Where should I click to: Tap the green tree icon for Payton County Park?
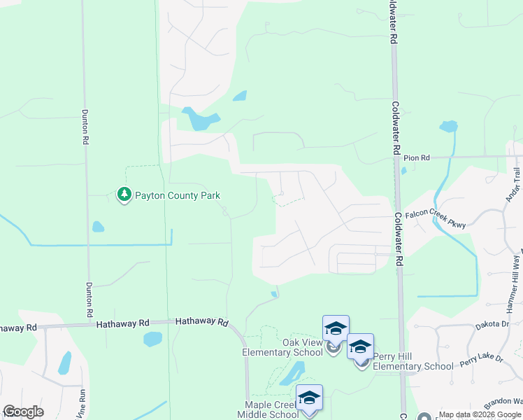pyautogui.click(x=124, y=194)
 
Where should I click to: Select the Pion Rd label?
pyautogui.click(x=416, y=158)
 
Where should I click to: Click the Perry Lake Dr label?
pyautogui.click(x=481, y=361)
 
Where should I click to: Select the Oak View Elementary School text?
pyautogui.click(x=282, y=347)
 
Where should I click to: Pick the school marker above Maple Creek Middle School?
pyautogui.click(x=308, y=398)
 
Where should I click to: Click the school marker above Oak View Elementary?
pyautogui.click(x=336, y=328)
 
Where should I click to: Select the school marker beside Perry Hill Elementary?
pyautogui.click(x=360, y=346)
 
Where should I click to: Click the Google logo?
pyautogui.click(x=23, y=412)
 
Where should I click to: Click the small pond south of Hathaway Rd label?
pyautogui.click(x=152, y=339)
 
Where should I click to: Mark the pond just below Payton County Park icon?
pyautogui.click(x=98, y=227)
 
